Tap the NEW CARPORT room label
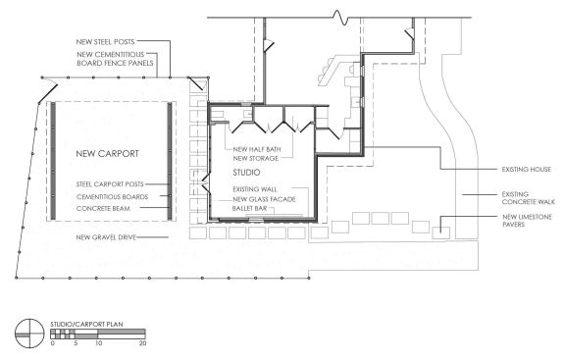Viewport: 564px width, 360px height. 105,154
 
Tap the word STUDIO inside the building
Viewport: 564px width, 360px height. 246,173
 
